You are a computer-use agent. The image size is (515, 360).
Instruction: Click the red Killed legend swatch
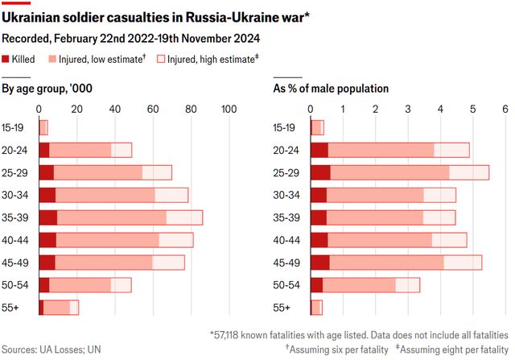[6, 59]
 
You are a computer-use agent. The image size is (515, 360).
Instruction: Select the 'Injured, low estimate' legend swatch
[52, 59]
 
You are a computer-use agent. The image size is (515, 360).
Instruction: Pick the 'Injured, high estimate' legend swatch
[159, 59]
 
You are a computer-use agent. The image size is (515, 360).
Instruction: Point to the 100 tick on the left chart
[228, 110]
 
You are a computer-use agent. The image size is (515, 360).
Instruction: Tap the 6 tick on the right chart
[505, 110]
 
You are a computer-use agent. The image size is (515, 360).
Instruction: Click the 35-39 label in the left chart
[17, 217]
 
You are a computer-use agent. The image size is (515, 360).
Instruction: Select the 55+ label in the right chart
[282, 307]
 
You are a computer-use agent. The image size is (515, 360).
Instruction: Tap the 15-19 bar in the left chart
[43, 127]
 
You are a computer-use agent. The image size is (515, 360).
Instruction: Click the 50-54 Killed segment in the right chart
[317, 284]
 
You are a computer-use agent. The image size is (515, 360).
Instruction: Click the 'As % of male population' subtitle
[332, 89]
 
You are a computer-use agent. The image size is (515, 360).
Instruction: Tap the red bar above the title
[16, 3]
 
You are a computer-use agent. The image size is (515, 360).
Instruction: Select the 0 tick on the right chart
[312, 110]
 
